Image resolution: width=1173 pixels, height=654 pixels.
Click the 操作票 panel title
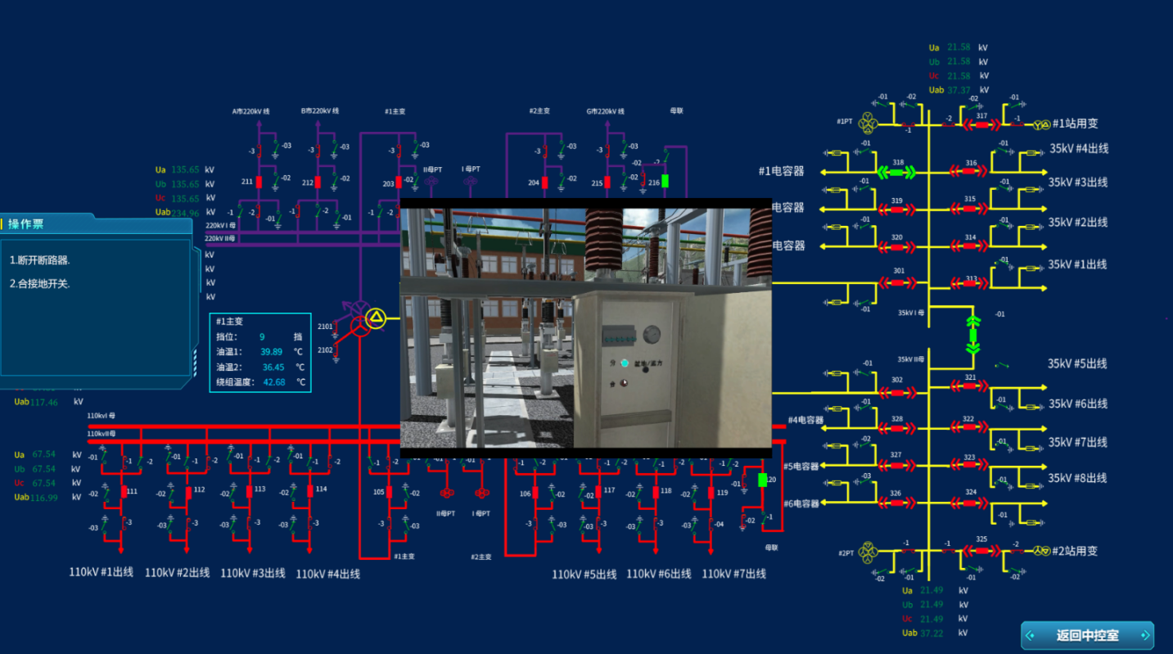(x=25, y=223)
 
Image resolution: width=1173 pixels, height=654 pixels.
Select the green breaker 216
(x=665, y=181)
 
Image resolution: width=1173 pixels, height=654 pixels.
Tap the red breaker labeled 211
(x=259, y=182)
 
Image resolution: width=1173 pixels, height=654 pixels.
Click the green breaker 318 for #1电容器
(x=896, y=172)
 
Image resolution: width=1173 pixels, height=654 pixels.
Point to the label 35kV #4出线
(x=1078, y=149)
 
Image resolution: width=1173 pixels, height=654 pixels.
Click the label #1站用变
(x=1075, y=124)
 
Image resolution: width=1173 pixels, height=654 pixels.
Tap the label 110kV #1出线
(x=101, y=573)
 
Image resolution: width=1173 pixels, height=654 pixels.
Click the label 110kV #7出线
(x=733, y=574)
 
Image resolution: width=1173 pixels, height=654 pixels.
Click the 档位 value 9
(x=262, y=336)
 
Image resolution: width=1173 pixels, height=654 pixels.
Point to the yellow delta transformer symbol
(x=375, y=318)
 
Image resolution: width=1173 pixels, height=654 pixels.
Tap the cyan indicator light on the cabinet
(x=625, y=363)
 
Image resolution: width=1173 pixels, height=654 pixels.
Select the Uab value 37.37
(x=959, y=90)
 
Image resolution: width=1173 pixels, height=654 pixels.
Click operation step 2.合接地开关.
(x=40, y=284)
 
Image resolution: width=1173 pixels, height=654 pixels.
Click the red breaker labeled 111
(x=124, y=491)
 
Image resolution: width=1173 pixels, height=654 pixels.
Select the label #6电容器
(x=801, y=503)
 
